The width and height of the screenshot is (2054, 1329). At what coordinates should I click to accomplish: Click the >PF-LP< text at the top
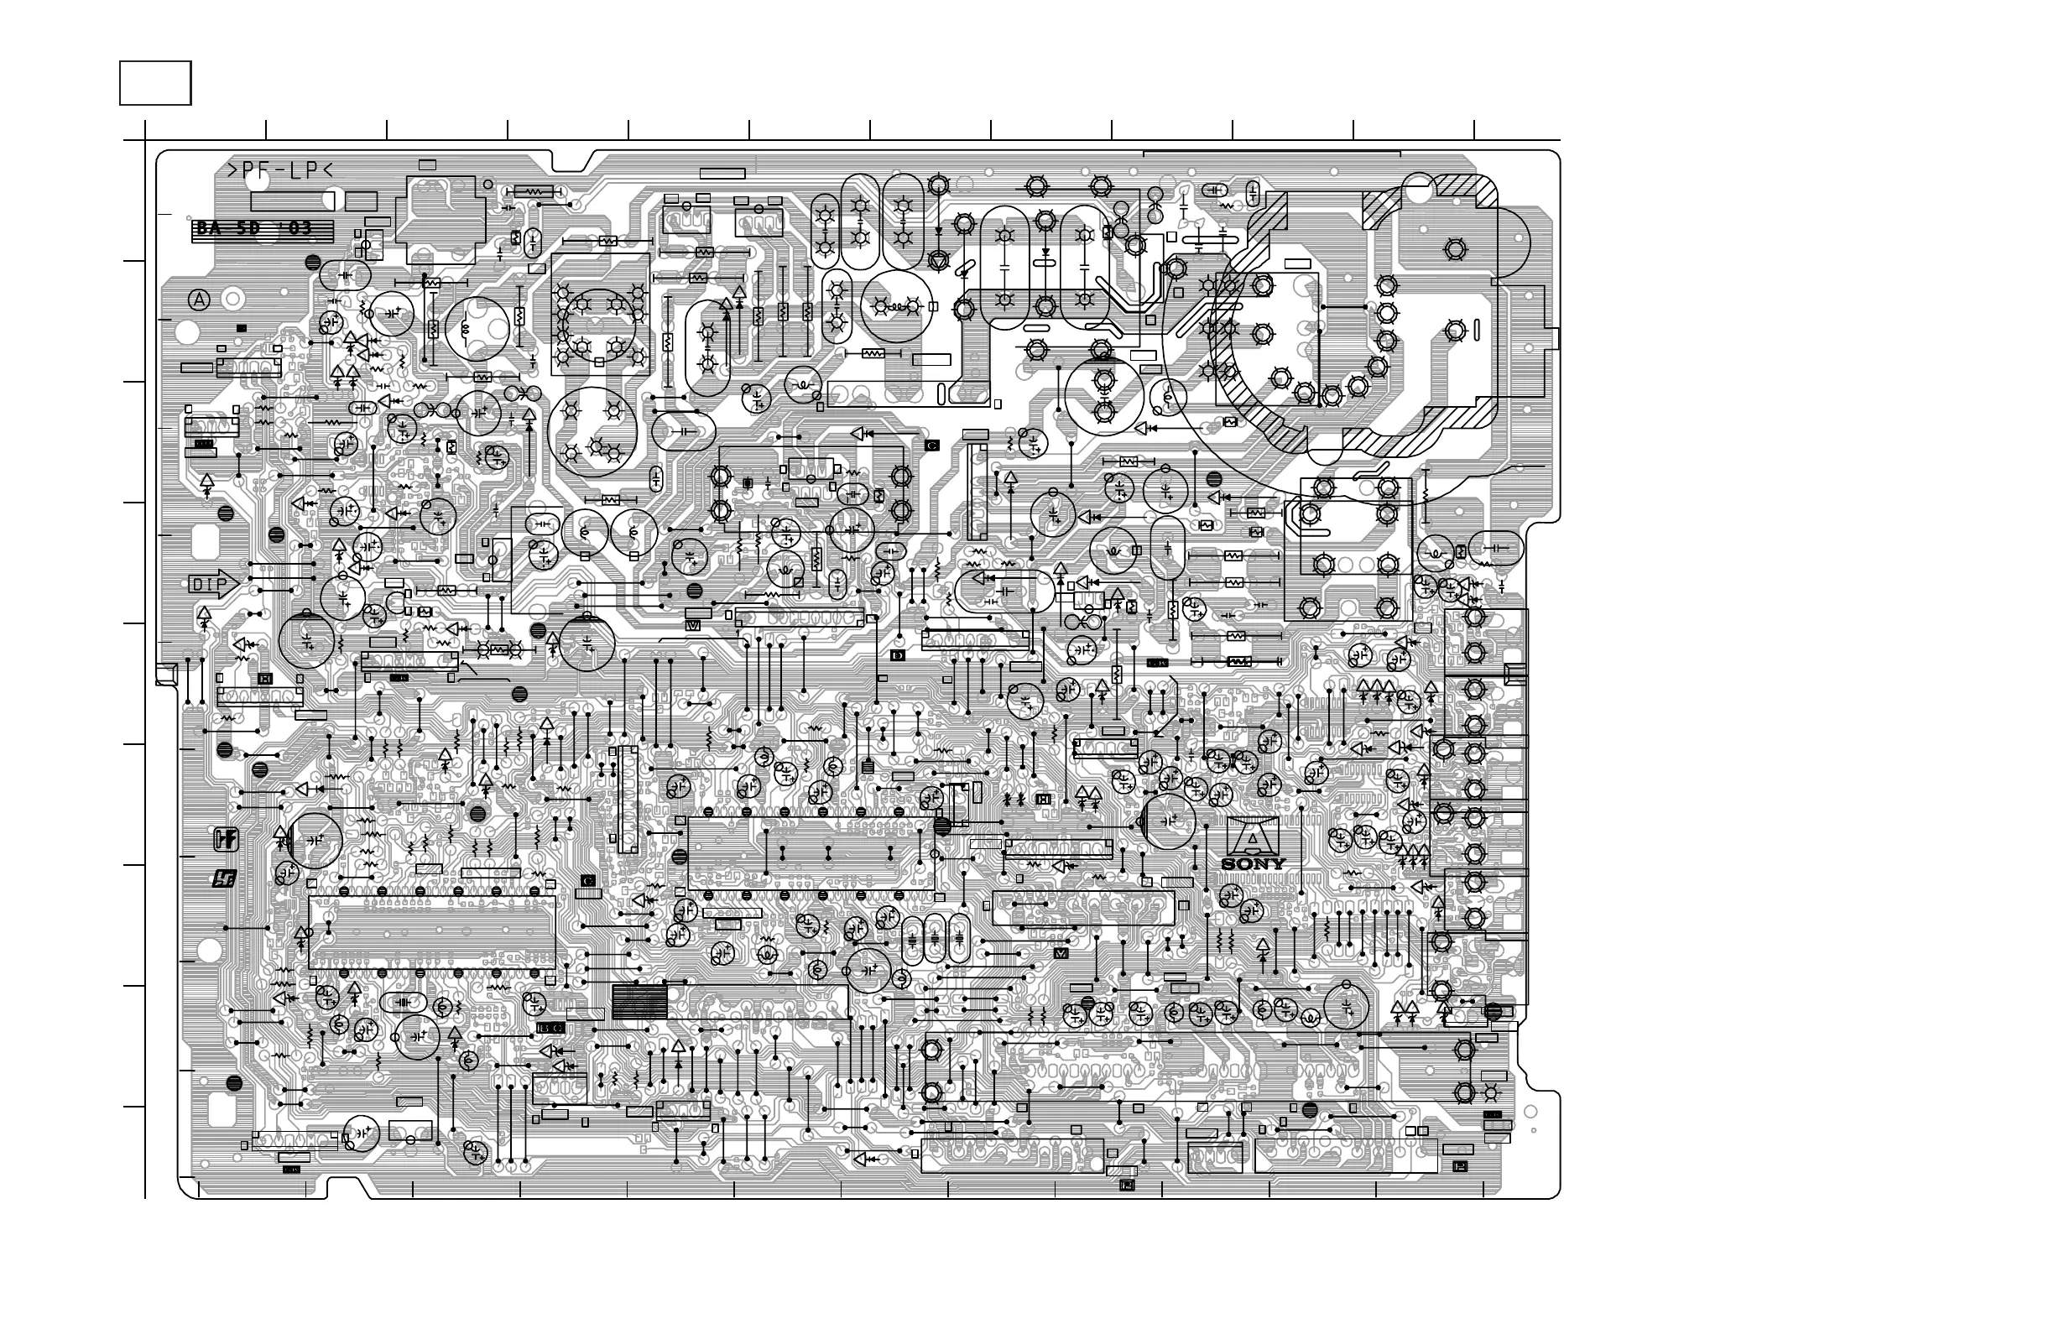click(x=279, y=171)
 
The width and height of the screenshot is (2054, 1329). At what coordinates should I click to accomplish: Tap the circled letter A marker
click(x=200, y=300)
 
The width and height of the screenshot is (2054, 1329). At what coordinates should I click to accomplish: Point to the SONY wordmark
click(x=1253, y=864)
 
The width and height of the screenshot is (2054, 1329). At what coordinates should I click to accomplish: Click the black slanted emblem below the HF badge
click(x=224, y=879)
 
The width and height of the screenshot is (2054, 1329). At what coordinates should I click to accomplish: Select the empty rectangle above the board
click(x=155, y=83)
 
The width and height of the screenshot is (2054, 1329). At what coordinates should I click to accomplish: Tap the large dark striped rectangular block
click(x=639, y=1001)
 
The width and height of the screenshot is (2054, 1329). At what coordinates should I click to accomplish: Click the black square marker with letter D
click(x=898, y=656)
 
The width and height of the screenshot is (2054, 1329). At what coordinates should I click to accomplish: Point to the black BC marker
click(x=550, y=1028)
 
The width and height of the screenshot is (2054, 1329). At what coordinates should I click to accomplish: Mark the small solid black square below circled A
click(x=242, y=328)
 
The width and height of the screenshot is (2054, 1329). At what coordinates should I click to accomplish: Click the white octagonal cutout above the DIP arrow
click(x=205, y=542)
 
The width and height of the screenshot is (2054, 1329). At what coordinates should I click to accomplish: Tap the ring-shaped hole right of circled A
click(x=232, y=300)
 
